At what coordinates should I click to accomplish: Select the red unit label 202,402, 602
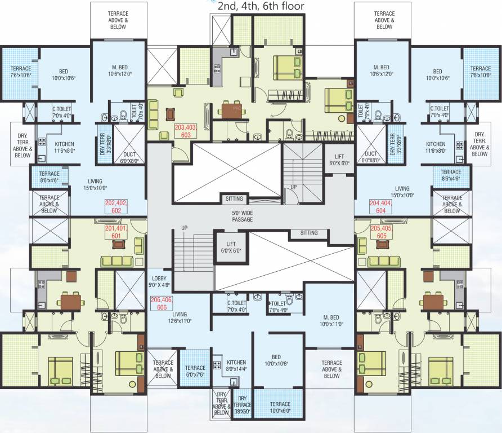(116, 206)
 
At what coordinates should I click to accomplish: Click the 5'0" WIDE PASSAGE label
(243, 216)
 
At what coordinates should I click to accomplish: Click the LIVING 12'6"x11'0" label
(180, 318)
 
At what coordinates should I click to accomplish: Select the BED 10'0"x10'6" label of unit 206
(276, 360)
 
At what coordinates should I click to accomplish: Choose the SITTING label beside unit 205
(308, 233)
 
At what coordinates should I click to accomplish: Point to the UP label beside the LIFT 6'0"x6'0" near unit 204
(293, 187)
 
